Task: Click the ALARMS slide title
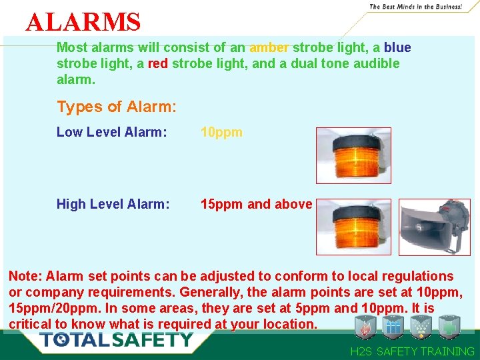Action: (83, 23)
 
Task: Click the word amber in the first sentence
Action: (269, 48)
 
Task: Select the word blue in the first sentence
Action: (397, 48)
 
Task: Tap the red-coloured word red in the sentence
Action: (177, 63)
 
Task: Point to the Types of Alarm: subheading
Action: (117, 107)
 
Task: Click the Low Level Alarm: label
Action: (111, 132)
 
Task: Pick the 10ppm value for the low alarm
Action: (222, 132)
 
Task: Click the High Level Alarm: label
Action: (113, 204)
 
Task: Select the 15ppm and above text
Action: (257, 204)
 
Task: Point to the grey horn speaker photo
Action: (434, 227)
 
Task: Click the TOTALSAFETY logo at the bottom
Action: (116, 339)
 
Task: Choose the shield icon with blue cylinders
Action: (392, 327)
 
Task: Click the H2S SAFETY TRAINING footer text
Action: (412, 351)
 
